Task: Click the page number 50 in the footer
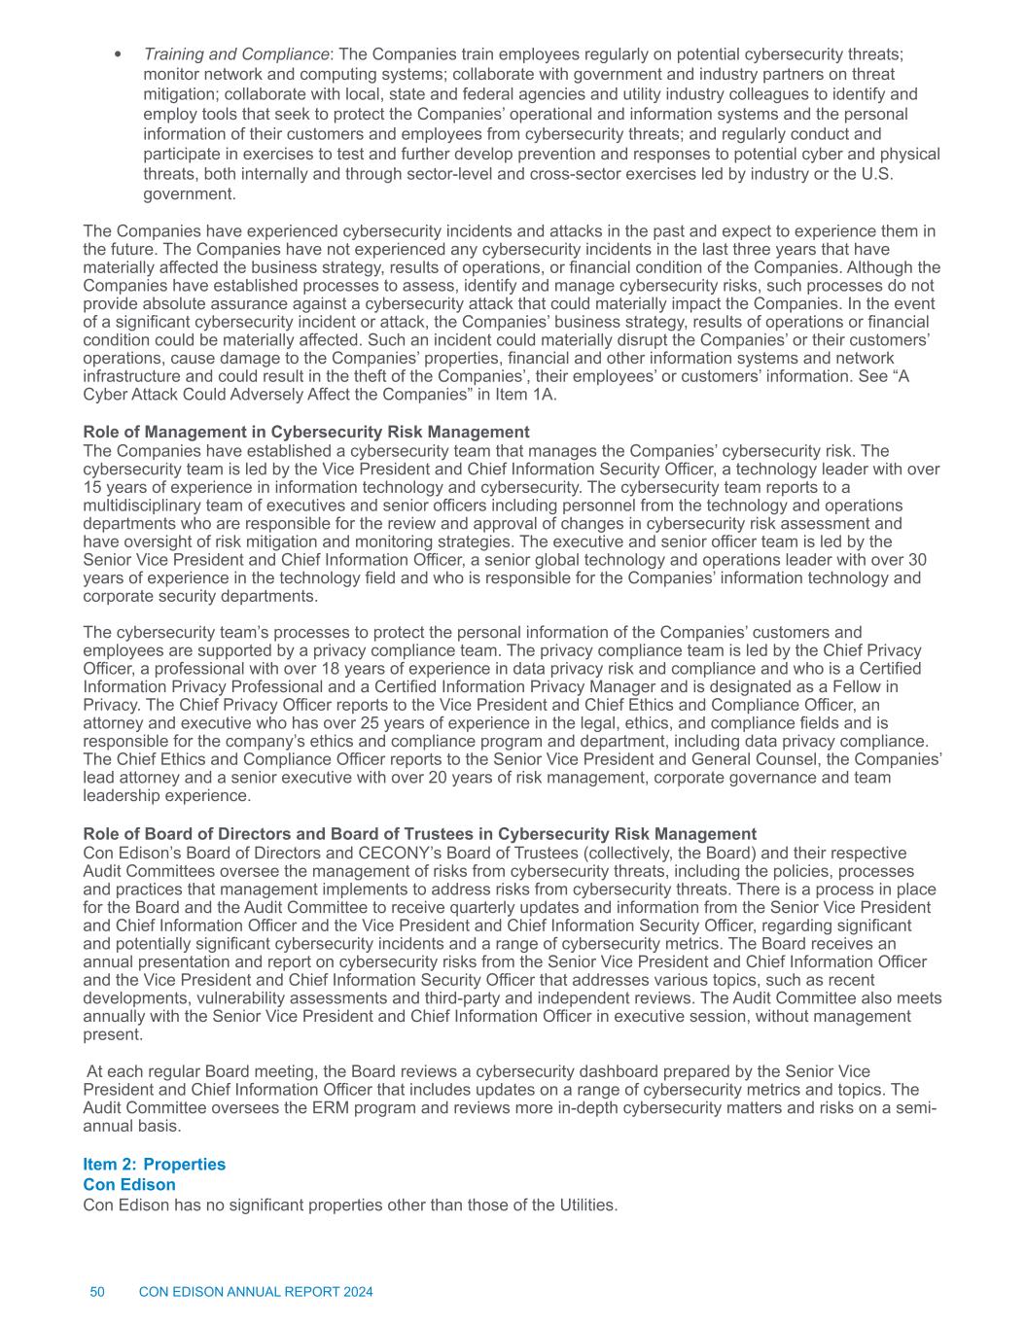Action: tap(97, 1292)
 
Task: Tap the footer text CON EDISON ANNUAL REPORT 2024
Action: tap(256, 1292)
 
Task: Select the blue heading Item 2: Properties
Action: tap(155, 1165)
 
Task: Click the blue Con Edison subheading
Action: tap(129, 1184)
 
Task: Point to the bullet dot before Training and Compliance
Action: tap(119, 53)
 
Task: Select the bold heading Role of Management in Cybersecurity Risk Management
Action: tap(306, 432)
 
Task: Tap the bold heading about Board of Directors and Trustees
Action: tap(419, 834)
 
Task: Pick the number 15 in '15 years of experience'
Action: tap(92, 487)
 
